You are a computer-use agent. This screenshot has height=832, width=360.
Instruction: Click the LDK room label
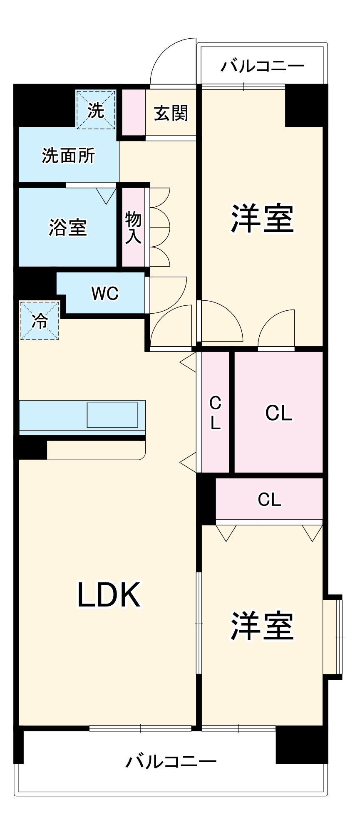109,594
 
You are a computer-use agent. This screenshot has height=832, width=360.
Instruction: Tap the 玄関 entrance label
171,113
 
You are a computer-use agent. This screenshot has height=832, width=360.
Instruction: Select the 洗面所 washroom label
68,156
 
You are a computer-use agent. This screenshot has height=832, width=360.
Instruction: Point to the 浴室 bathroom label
68,228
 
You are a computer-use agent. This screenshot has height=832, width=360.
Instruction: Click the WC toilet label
105,294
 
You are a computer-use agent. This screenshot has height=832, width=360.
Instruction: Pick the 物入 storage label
133,227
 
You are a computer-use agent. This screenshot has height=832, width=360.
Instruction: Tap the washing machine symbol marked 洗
96,110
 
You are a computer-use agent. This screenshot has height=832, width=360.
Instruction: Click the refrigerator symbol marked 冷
40,320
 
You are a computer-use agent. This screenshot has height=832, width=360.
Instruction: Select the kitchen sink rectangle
112,415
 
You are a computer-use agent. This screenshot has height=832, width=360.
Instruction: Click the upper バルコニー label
263,66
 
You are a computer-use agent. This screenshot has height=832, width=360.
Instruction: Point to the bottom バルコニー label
171,761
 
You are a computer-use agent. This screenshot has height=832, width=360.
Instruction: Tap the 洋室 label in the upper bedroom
262,218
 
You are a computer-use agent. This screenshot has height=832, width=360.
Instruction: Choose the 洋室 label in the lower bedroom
262,626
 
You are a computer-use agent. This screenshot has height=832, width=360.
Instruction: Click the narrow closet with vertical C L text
215,412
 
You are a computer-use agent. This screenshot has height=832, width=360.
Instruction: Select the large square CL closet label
279,413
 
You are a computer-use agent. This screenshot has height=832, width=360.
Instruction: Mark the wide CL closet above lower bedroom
269,499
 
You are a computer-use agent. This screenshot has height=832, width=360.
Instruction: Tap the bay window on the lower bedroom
333,637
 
